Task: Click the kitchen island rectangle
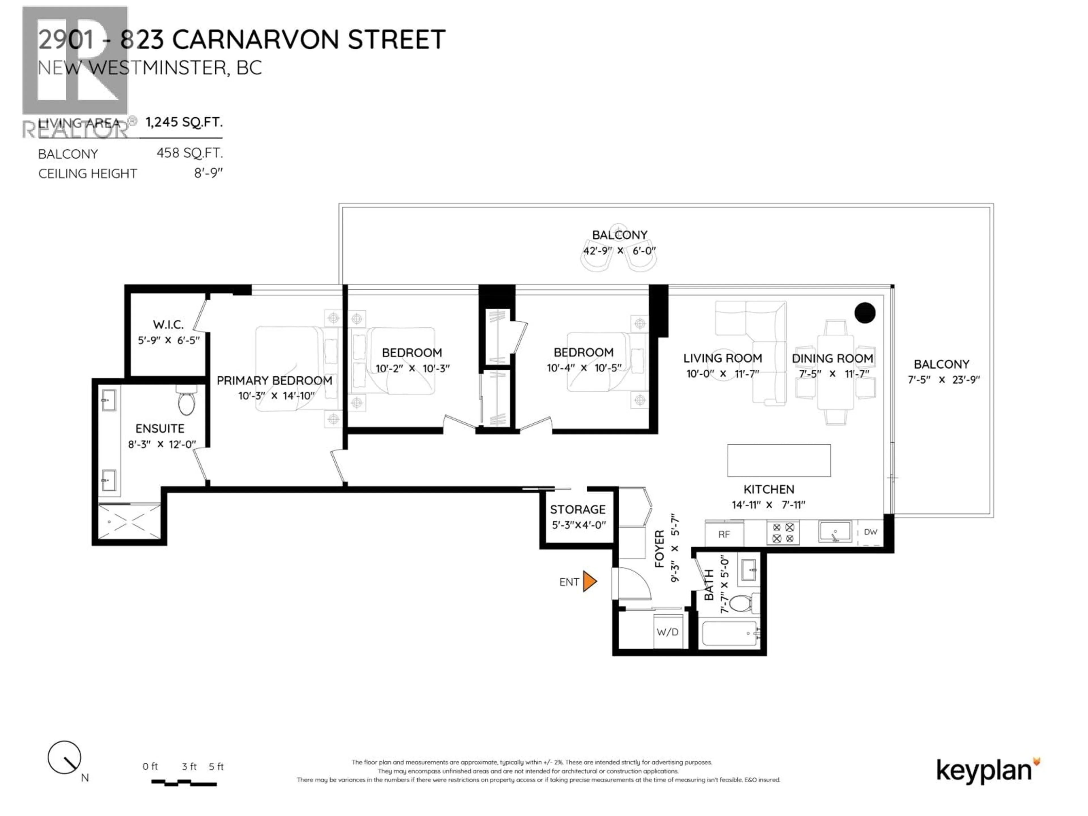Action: point(779,460)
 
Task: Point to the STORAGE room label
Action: point(577,509)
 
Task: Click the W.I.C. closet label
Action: point(168,325)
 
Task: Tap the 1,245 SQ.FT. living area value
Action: point(184,122)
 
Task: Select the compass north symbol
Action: point(64,757)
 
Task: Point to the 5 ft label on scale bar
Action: point(216,766)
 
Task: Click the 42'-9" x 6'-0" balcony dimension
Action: point(619,251)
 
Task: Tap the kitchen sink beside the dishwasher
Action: point(835,532)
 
